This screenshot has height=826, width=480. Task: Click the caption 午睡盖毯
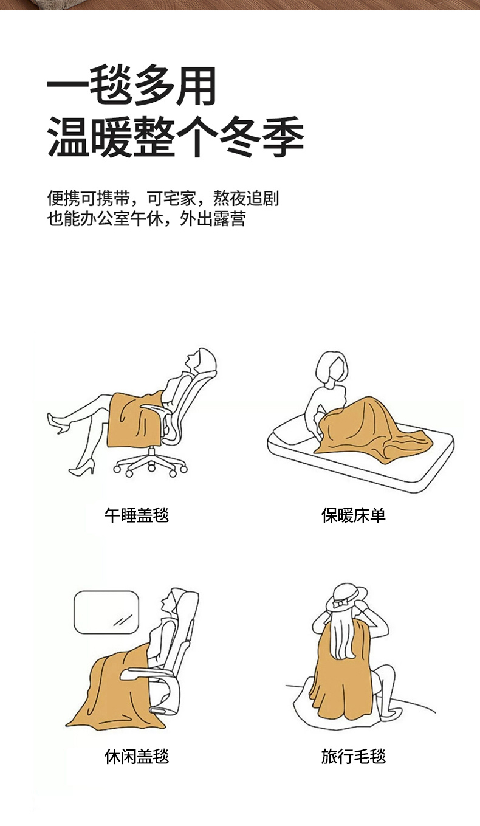tap(137, 515)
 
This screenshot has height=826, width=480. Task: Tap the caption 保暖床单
tap(353, 515)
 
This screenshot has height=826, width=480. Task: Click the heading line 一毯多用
tap(131, 86)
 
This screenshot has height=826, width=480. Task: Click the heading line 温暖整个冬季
tap(176, 137)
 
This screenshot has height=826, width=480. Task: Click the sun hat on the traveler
tap(346, 597)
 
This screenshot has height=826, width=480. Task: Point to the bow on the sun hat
tap(338, 604)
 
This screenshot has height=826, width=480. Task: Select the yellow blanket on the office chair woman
tap(134, 421)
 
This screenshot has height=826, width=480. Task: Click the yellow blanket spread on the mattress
tap(372, 426)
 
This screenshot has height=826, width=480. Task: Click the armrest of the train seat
tap(148, 672)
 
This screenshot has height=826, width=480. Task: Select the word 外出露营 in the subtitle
tap(213, 219)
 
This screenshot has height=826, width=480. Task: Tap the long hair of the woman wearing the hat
tap(343, 635)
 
